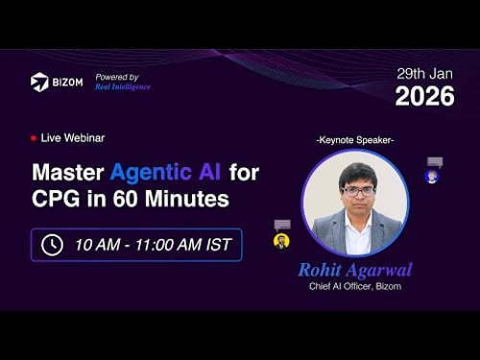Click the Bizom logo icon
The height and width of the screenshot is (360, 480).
click(40, 82)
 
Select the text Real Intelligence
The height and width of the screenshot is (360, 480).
click(122, 86)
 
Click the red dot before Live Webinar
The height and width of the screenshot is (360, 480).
click(34, 137)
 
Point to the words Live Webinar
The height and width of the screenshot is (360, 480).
click(73, 137)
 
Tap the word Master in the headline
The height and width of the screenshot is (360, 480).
click(68, 174)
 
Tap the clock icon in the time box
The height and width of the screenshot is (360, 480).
click(51, 245)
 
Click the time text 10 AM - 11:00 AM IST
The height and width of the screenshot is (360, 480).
click(152, 245)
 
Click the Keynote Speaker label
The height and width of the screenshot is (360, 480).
click(355, 140)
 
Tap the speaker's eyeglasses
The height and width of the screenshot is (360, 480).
click(356, 191)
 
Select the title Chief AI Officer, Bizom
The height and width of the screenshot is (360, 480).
click(355, 286)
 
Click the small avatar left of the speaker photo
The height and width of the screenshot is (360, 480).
click(281, 241)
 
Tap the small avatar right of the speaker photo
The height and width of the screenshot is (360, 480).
click(432, 177)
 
